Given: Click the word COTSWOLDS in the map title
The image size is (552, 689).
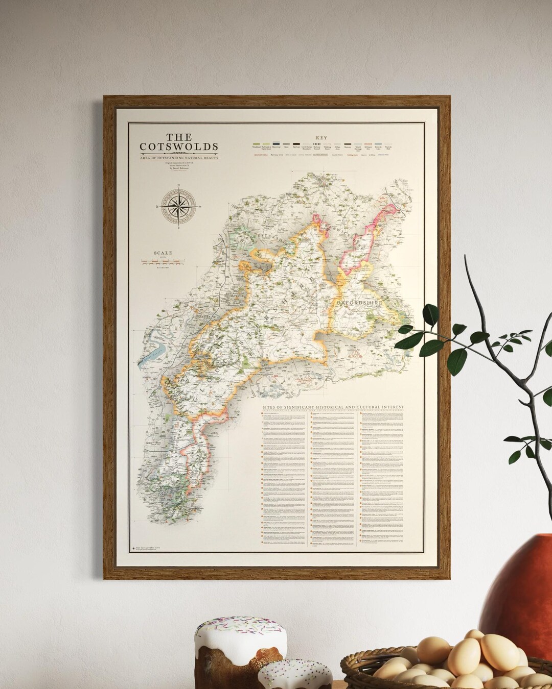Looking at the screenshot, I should [x=179, y=147].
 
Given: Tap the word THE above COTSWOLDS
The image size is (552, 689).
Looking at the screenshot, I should [x=179, y=137].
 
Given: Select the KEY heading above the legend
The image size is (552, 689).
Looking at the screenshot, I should [x=321, y=138].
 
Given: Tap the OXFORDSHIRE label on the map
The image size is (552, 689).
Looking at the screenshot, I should [x=360, y=303].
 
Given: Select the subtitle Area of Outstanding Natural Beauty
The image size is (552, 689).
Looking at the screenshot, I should [x=179, y=158].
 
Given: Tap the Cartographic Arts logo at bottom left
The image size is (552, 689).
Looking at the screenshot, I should [x=134, y=548].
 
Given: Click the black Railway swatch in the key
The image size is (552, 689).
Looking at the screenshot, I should [x=296, y=144].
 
